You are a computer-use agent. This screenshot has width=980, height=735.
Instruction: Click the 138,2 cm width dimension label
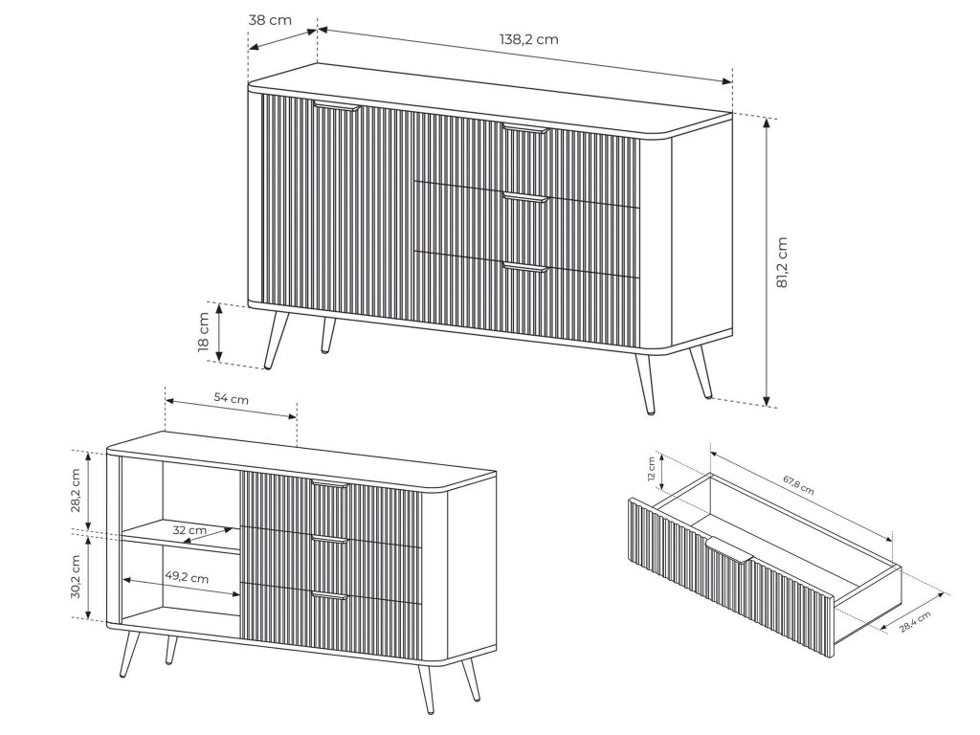(528, 39)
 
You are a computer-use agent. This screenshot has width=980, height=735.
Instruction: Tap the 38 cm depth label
(270, 20)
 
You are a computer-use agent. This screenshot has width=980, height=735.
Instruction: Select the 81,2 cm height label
(781, 262)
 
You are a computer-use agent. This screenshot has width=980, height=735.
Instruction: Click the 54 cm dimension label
(232, 398)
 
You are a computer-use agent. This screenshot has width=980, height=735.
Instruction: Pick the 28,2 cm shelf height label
(75, 491)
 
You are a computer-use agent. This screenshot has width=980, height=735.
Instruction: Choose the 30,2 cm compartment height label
(75, 576)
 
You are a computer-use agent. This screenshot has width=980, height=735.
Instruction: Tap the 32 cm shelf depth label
(189, 530)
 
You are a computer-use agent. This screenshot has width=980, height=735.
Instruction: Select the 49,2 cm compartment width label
(187, 577)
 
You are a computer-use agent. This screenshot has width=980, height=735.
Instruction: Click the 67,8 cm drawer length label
(799, 485)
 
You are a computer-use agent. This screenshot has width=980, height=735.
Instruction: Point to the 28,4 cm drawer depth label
(915, 622)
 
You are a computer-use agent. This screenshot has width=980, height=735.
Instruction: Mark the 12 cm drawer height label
(652, 469)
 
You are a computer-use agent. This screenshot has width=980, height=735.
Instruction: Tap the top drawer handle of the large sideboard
(525, 129)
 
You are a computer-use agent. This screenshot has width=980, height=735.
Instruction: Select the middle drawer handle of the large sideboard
(525, 198)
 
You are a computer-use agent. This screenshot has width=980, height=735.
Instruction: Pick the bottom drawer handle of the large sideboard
(525, 268)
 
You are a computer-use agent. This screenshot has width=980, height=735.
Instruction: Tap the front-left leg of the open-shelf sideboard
(129, 655)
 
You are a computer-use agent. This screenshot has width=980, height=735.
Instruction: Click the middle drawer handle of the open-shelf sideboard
(329, 540)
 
